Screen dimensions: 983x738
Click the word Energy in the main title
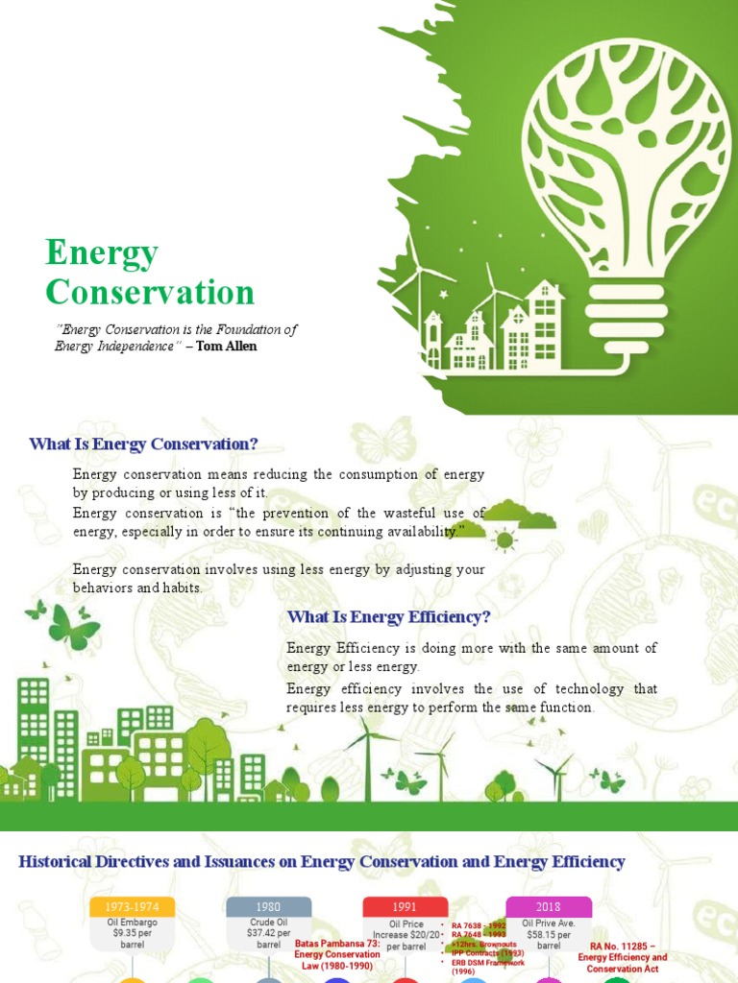pyautogui.click(x=102, y=253)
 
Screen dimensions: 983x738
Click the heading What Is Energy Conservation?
pyautogui.click(x=144, y=444)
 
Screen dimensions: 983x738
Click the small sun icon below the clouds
pyautogui.click(x=503, y=540)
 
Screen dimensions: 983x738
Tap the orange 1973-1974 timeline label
pyautogui.click(x=133, y=907)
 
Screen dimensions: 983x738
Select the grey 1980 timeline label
pyautogui.click(x=269, y=907)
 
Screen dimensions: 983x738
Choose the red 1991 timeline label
pyautogui.click(x=406, y=907)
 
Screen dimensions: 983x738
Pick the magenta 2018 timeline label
pyautogui.click(x=549, y=907)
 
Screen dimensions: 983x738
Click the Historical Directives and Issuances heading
pyautogui.click(x=322, y=862)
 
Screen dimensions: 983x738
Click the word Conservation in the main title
pyautogui.click(x=150, y=292)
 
